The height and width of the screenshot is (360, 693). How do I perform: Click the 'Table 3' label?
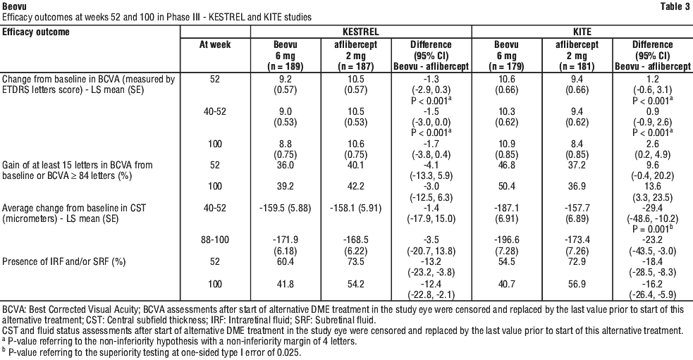tap(675, 6)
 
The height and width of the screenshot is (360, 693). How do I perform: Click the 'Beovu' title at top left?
tap(14, 6)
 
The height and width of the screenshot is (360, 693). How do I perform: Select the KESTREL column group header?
tap(361, 32)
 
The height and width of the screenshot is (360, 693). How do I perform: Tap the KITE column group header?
tap(582, 32)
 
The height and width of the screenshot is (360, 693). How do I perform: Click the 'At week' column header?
tap(215, 44)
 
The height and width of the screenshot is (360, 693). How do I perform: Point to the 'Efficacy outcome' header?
tap(36, 32)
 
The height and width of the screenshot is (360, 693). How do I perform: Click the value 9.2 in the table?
tap(285, 79)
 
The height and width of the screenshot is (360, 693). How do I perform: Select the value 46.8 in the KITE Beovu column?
tap(506, 165)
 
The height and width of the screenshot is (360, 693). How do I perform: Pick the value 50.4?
tap(506, 187)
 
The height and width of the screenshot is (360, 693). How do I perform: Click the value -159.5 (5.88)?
tap(285, 208)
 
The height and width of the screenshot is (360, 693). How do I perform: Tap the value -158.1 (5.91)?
tap(355, 208)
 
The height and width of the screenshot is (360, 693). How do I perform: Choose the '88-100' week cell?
tap(215, 240)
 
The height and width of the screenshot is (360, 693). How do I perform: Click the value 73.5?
tap(355, 261)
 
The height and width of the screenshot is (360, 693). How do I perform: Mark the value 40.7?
tap(506, 284)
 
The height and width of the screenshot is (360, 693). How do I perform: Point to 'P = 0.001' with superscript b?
tap(652, 229)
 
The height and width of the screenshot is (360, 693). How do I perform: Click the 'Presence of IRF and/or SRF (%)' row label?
tap(64, 261)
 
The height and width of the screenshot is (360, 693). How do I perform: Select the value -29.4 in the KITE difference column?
tap(652, 208)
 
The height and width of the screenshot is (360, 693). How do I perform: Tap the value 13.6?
tap(652, 187)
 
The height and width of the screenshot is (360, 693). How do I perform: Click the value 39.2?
tap(285, 187)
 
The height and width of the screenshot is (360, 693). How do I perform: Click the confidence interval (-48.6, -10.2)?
tap(652, 218)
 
